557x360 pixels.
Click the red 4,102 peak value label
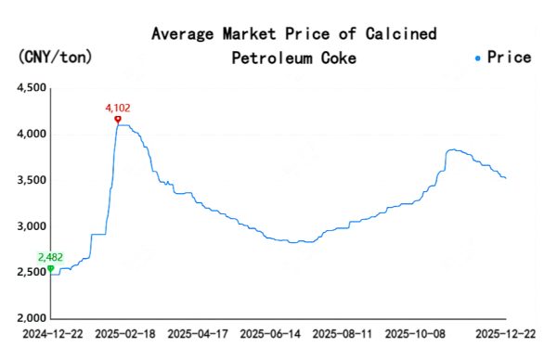pyautogui.click(x=117, y=108)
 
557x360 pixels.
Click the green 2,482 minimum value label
pyautogui.click(x=50, y=257)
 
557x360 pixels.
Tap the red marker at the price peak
pyautogui.click(x=117, y=119)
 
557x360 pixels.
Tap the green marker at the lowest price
pyautogui.click(x=50, y=268)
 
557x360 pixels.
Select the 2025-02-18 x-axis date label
pyautogui.click(x=125, y=332)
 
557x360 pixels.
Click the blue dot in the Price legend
pyautogui.click(x=478, y=58)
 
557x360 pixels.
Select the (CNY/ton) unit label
pyautogui.click(x=55, y=58)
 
